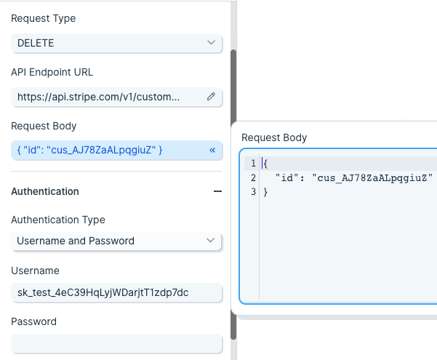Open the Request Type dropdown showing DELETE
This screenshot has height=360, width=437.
[x=116, y=43]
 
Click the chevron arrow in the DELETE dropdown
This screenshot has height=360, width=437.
[x=212, y=42]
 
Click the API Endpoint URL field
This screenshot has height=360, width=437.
[x=116, y=97]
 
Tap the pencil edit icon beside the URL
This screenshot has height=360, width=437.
[x=212, y=97]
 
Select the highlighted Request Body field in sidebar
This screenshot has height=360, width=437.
[x=116, y=150]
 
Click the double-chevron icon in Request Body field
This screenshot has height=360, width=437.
[x=212, y=151]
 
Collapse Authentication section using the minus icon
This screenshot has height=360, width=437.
[x=217, y=191]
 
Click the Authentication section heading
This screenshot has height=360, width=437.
[x=45, y=191]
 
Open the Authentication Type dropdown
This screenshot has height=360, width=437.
[x=116, y=241]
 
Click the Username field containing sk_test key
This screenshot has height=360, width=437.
[x=116, y=292]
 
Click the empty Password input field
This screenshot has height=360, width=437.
[x=116, y=343]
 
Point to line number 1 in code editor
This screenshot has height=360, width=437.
[x=253, y=163]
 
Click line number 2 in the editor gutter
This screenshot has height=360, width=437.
[x=253, y=177]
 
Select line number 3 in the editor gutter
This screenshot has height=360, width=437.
[x=253, y=191]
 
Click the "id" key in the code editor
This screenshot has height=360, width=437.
[x=287, y=177]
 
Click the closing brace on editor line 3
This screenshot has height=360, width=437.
[x=265, y=192]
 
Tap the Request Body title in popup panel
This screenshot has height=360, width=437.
[x=274, y=137]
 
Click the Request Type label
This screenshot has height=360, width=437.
[x=43, y=18]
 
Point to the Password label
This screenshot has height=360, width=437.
[x=33, y=321]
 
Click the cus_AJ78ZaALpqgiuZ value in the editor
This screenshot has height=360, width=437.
[x=372, y=177]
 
